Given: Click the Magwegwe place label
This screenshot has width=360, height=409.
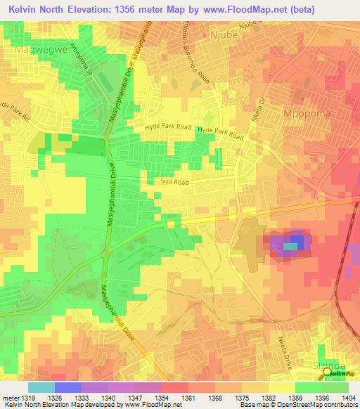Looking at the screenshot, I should [x=35, y=50].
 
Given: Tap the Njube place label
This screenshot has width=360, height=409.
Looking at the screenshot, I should [x=226, y=34].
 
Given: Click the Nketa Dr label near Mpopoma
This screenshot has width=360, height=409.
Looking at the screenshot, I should [x=261, y=112].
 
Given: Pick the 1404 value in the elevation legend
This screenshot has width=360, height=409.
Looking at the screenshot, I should [x=348, y=397].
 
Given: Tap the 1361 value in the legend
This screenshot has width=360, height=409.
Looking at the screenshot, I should [x=188, y=397].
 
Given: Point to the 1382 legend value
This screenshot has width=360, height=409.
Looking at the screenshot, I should [x=268, y=397].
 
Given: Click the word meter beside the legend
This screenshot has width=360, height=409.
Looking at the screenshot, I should [x=10, y=397].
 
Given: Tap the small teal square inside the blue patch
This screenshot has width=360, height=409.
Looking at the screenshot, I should [x=290, y=246].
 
